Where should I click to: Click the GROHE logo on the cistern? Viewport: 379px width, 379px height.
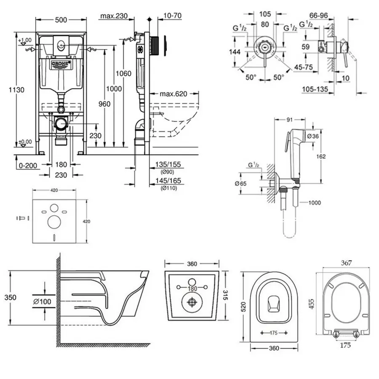pos(61,64)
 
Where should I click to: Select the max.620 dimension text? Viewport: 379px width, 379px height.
pos(173,93)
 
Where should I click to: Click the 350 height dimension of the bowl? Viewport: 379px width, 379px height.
pos(11,297)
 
